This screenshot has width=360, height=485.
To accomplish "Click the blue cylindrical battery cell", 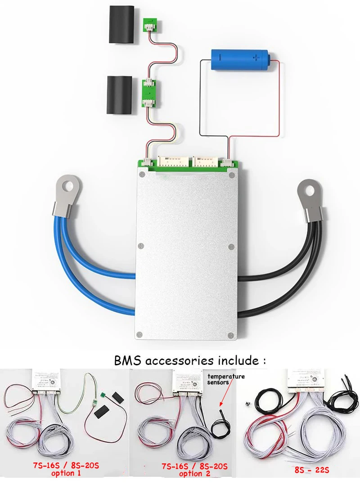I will (x=240, y=58).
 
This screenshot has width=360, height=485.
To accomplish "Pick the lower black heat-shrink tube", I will (x=119, y=95).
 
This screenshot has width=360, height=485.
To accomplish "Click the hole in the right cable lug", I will (x=309, y=190).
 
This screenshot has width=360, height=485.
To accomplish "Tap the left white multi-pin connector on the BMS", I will (x=173, y=162).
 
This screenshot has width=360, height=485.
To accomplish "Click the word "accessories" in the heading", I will (x=178, y=360).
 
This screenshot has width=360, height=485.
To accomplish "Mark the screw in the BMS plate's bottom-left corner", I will (x=141, y=334).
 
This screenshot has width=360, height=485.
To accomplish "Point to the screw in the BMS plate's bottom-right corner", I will (x=231, y=334).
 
